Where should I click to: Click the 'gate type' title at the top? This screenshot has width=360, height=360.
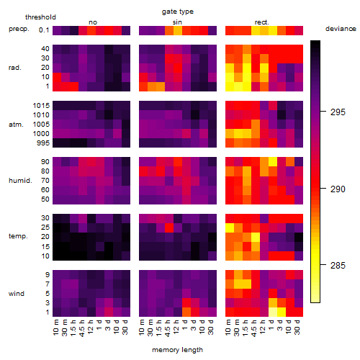[178, 12]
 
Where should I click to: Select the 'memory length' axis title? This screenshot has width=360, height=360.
[178, 350]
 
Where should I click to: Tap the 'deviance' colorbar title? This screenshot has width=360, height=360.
[341, 29]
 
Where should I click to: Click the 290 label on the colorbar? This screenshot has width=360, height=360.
[338, 189]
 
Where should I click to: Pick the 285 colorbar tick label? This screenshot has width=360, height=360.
[338, 266]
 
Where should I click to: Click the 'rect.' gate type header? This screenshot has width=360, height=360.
[262, 22]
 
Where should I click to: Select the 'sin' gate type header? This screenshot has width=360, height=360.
[177, 22]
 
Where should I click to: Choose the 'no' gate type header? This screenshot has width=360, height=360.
[93, 22]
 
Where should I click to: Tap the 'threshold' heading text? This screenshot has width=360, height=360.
[40, 17]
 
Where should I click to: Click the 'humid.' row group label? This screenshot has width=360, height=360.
[20, 181]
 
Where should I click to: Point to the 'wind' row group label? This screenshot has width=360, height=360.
[17, 294]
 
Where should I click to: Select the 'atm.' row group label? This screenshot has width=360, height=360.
[16, 125]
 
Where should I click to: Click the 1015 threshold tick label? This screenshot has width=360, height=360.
[41, 106]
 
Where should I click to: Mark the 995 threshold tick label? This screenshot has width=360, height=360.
[43, 143]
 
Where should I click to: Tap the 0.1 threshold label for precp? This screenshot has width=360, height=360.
[44, 30]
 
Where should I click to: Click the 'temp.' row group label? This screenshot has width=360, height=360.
[18, 236]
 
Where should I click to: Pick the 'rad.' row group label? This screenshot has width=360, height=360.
[15, 68]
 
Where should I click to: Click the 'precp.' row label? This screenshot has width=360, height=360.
[19, 29]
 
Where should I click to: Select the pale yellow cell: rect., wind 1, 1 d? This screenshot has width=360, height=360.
[273, 312]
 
